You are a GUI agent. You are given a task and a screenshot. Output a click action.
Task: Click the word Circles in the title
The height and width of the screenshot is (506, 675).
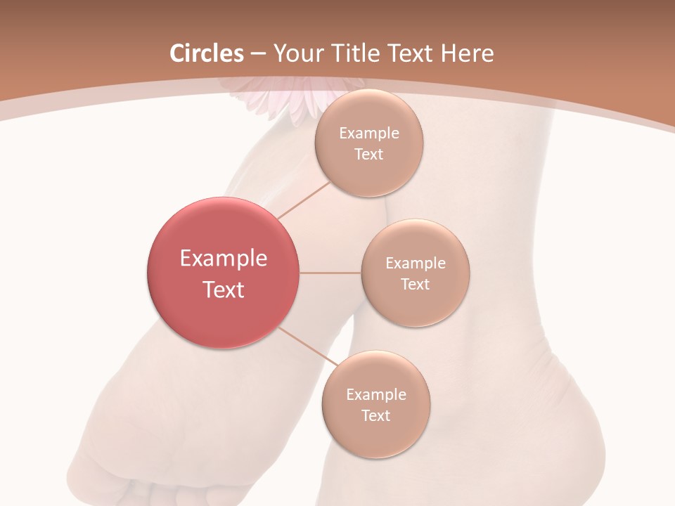207,53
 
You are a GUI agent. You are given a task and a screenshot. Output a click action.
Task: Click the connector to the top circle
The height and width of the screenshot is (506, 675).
304,200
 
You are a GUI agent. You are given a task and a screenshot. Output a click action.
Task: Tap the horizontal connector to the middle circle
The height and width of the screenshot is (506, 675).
330,273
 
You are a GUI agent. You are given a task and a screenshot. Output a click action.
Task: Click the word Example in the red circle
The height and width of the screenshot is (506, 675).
224,259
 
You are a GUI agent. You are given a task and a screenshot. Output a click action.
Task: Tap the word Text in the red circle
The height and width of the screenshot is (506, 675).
224,289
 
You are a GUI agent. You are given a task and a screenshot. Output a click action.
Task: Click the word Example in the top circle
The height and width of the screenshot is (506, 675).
369,134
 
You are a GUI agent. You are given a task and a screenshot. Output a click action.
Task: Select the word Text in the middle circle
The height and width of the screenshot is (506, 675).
415,284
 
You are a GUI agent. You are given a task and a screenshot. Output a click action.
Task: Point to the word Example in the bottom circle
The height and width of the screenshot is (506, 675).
376,395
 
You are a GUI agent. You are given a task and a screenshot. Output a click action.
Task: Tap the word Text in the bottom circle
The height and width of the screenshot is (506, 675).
375,415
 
